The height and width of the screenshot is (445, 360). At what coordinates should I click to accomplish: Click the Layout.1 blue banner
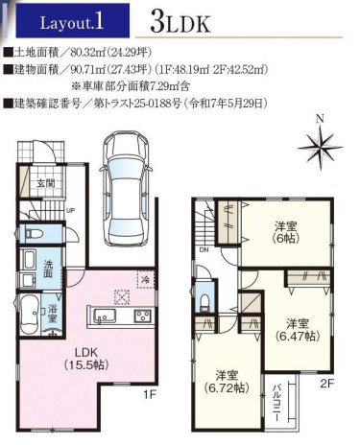pyautogui.click(x=73, y=21)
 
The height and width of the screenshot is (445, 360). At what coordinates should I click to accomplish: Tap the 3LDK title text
pyautogui.click(x=180, y=23)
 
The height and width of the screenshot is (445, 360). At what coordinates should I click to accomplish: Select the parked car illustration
pyautogui.click(x=126, y=188)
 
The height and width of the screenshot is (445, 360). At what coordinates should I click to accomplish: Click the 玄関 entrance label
pyautogui.click(x=45, y=183)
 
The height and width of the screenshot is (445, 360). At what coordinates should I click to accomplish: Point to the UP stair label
pyautogui.click(x=70, y=211)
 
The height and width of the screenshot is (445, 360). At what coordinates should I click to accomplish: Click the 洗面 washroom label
pyautogui.click(x=48, y=269)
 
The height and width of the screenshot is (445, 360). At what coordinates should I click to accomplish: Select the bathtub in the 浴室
pyautogui.click(x=30, y=314)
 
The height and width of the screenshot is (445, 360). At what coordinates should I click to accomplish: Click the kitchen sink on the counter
pyautogui.click(x=105, y=316)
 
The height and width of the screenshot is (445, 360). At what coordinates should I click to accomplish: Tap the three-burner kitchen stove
pyautogui.click(x=143, y=316)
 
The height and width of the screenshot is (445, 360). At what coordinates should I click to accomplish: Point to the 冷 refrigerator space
pyautogui.click(x=146, y=280)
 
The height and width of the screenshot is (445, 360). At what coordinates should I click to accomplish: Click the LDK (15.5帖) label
pyautogui.click(x=85, y=359)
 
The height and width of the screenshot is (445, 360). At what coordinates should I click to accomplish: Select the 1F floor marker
pyautogui.click(x=149, y=395)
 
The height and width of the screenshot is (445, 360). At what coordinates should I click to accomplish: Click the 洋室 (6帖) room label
pyautogui.click(x=286, y=232)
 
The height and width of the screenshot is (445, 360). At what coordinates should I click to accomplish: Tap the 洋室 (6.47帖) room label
pyautogui.click(x=298, y=330)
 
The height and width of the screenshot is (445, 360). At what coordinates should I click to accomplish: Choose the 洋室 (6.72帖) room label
pyautogui.click(x=227, y=382)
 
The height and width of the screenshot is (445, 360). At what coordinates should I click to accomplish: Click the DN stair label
pyautogui.click(x=204, y=250)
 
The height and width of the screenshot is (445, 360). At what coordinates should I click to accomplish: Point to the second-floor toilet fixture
pyautogui.click(x=204, y=301)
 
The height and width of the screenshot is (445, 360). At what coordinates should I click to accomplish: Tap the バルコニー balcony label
pyautogui.click(x=276, y=403)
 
